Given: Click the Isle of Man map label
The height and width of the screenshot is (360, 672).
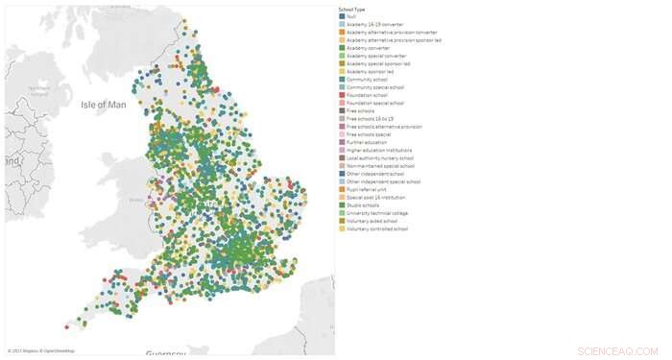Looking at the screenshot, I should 104,104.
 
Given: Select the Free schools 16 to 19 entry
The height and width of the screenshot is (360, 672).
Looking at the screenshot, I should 370,118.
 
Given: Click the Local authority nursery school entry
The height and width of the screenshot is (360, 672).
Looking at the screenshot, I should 378,157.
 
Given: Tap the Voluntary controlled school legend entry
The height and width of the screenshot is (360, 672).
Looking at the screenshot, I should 377,228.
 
